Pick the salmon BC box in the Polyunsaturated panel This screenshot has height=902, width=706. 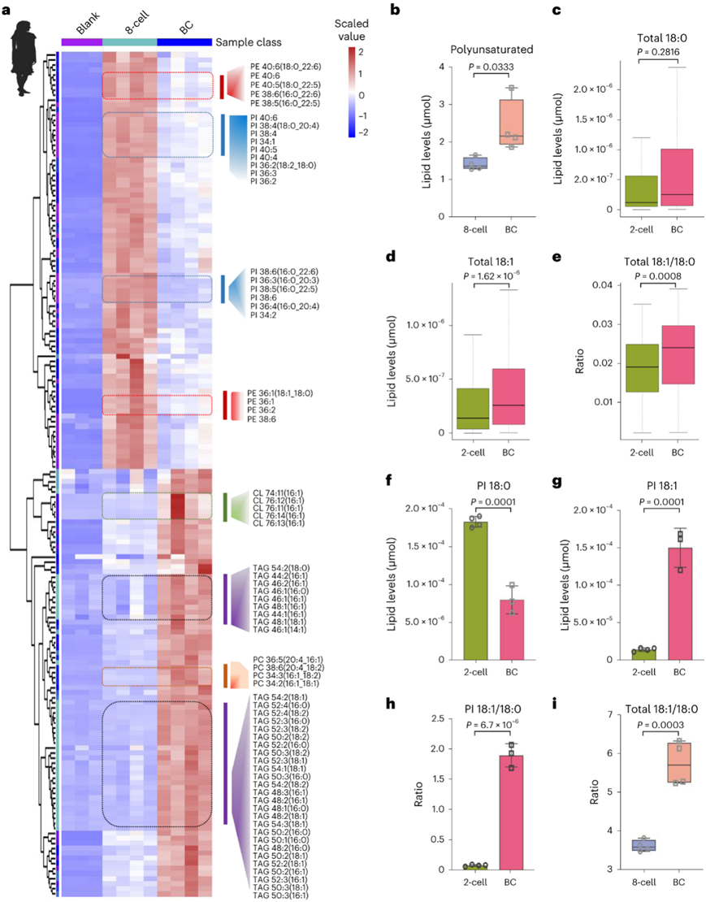(x=511, y=122)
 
